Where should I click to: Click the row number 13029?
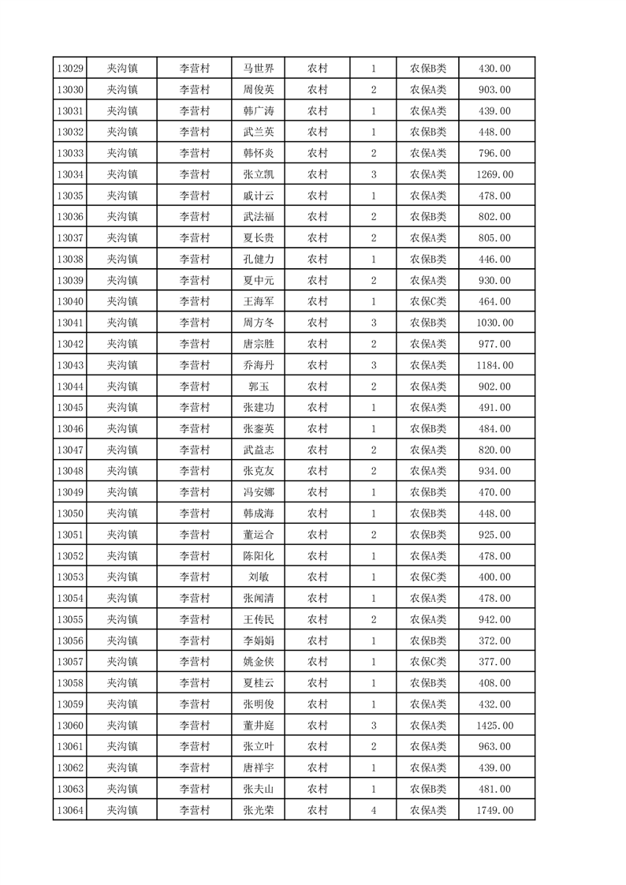70,69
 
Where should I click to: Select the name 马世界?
259,69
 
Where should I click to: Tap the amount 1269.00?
494,174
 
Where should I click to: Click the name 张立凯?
259,174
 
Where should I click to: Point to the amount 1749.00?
494,810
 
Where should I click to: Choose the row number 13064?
70,810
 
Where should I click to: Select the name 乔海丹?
259,365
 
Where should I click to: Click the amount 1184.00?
494,365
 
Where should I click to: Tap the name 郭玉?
259,386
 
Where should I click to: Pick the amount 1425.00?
494,726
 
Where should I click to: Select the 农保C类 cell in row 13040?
427,301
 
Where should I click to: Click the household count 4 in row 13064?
373,810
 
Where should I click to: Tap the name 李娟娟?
259,640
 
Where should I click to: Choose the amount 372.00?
494,640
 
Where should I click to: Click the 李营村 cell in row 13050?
195,513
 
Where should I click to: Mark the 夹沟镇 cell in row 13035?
122,196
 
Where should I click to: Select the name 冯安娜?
259,492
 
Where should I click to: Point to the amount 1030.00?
494,323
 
